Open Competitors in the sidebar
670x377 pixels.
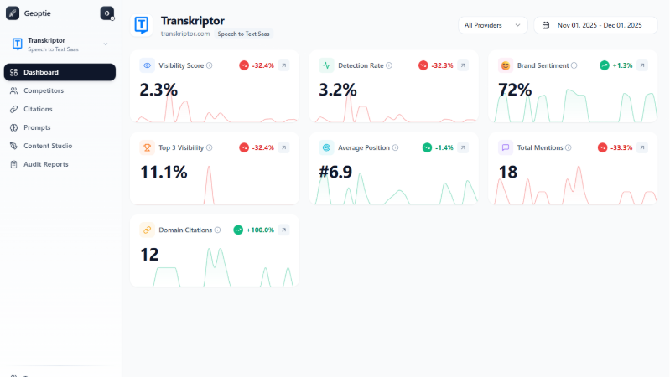43,90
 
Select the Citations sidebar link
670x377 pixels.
38,109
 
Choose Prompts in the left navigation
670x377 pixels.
37,127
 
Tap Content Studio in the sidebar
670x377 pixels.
47,146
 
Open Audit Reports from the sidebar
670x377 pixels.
45,164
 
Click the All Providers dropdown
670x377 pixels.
494,25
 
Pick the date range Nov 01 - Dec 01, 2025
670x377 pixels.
595,25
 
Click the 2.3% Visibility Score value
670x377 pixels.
159,90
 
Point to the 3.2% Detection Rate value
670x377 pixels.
338,90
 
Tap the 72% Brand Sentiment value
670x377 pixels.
515,90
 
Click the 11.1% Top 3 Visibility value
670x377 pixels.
164,173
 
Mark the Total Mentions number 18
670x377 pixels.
507,173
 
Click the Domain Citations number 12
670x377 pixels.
149,255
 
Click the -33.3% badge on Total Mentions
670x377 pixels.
615,147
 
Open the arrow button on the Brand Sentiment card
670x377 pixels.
642,65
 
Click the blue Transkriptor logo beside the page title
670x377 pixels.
143,25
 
